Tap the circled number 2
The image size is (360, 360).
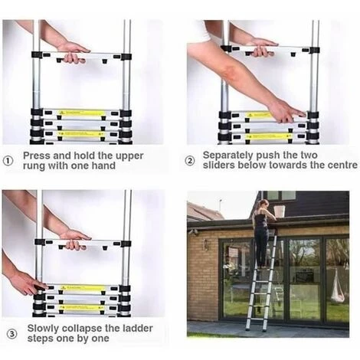pos(191,161)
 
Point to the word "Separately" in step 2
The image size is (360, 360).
pos(228,155)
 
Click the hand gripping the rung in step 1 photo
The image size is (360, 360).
pos(73,51)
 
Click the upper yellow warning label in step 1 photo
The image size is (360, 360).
pos(81,114)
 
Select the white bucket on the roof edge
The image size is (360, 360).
pos(280,210)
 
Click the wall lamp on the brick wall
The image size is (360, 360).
pos(205,244)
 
